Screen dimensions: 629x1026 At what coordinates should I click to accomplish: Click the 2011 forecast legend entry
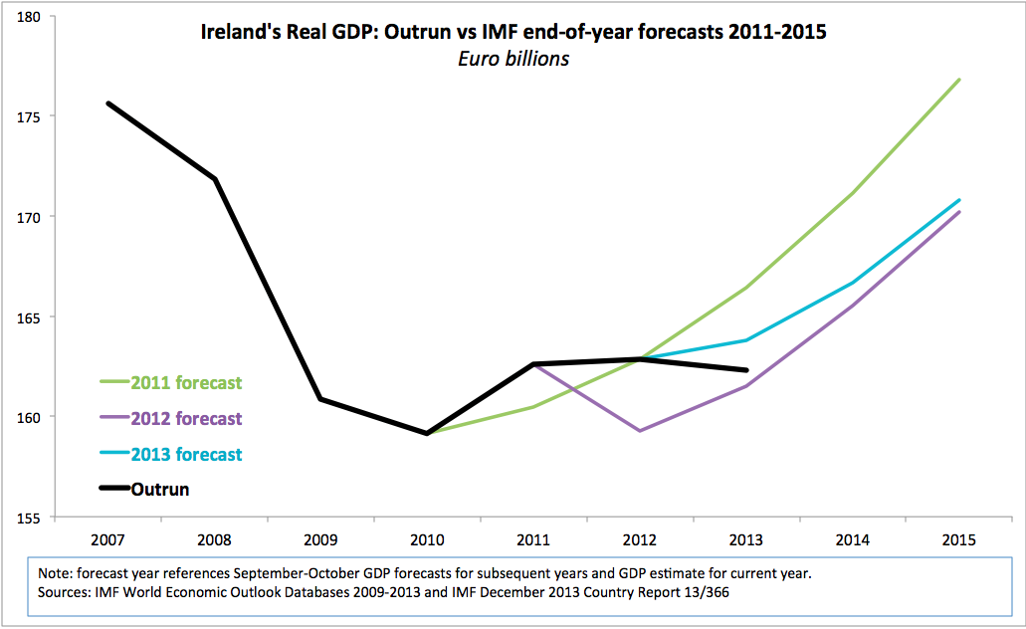(171, 382)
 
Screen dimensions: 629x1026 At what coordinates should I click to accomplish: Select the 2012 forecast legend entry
(171, 418)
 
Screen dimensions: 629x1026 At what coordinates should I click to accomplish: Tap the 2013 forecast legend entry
(171, 454)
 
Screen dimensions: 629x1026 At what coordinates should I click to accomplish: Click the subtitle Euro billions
(513, 59)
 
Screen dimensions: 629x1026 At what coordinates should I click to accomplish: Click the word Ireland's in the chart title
(240, 32)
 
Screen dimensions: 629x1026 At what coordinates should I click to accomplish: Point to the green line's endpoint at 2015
(959, 80)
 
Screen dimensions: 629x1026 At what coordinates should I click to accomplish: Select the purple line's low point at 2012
(640, 431)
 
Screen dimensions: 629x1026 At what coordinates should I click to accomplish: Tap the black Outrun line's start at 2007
(107, 104)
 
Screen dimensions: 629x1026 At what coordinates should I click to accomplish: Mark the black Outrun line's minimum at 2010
(427, 433)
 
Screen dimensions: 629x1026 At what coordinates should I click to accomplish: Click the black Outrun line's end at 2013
(746, 370)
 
